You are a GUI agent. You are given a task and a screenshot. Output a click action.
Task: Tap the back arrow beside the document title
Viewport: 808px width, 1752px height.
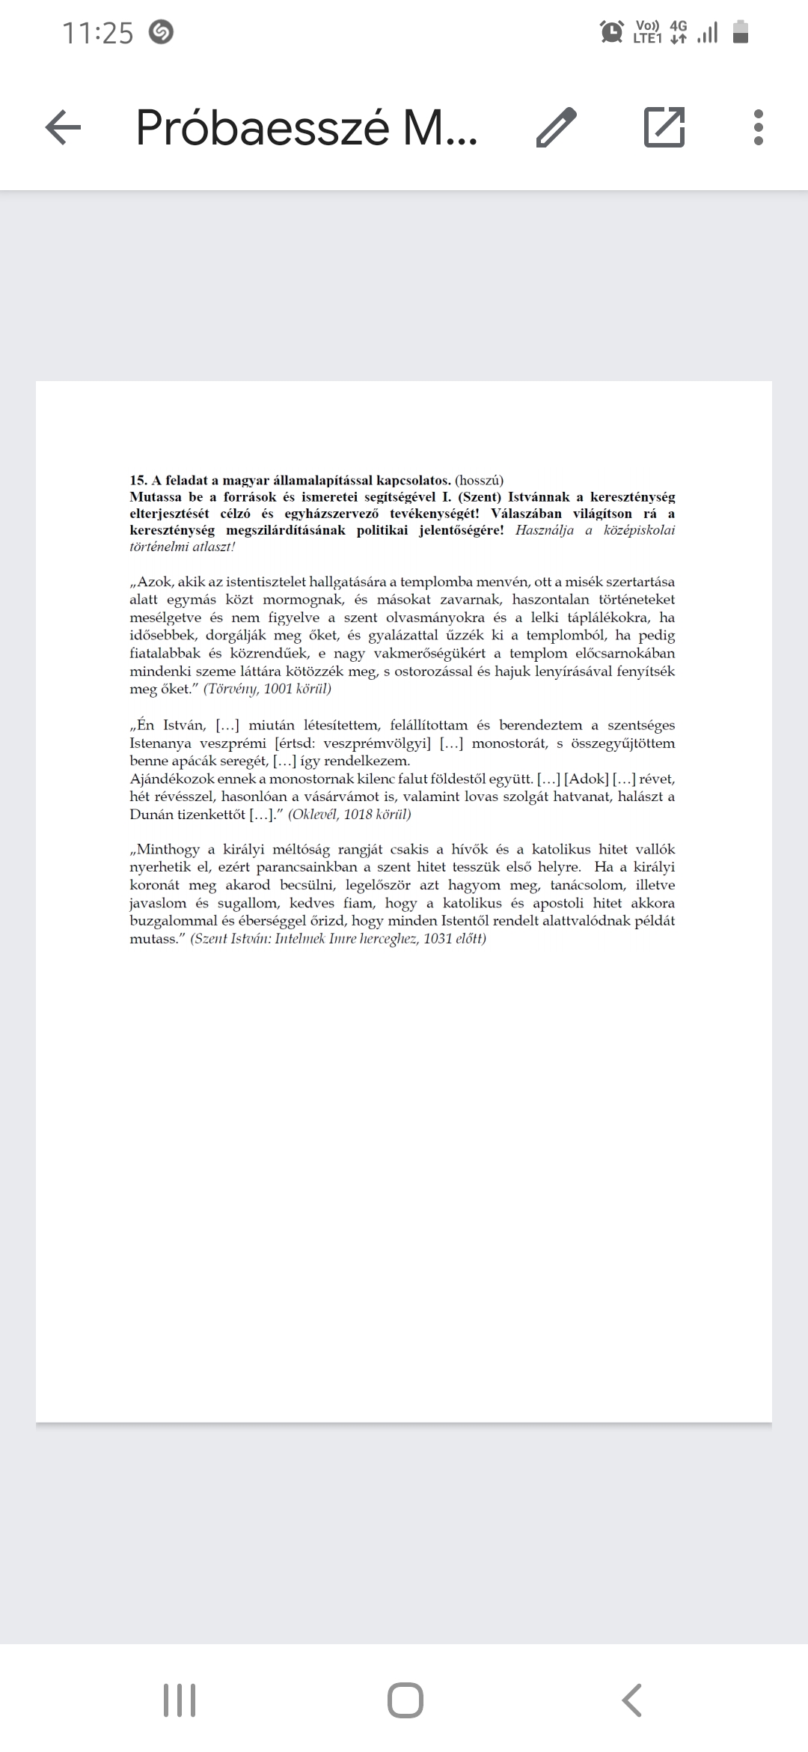(63, 127)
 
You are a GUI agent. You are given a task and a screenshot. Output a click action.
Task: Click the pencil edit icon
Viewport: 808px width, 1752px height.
(557, 127)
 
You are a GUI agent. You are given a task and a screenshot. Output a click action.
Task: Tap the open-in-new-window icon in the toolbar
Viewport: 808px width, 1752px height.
(664, 127)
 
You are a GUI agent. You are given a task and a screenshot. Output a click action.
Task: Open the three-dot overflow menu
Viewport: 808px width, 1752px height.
(759, 127)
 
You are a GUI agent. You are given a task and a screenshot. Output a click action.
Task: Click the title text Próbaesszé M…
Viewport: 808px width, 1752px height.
(307, 127)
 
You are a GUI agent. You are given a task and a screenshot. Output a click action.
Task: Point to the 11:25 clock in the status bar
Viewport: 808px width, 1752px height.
(97, 33)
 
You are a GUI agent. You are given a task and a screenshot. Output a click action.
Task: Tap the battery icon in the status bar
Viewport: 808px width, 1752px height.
(741, 32)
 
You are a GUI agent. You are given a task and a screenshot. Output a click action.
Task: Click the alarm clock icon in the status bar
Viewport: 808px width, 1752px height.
(612, 32)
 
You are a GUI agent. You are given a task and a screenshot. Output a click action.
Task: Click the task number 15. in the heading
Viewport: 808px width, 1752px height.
(138, 481)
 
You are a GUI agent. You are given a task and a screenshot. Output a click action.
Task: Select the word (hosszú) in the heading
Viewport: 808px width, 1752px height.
(479, 481)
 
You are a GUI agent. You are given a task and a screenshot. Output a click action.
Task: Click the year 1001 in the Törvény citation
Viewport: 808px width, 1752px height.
(278, 689)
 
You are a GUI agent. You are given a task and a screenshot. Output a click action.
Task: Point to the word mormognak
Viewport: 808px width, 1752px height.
(303, 600)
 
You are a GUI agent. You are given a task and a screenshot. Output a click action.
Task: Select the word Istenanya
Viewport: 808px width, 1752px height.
(159, 743)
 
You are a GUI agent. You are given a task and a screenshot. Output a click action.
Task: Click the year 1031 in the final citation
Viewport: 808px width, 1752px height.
(438, 939)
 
